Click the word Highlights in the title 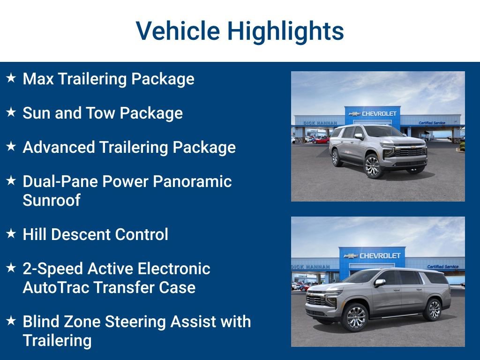click(285, 31)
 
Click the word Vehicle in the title click(178, 31)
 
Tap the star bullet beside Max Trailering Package click(11, 78)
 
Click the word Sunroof click(52, 200)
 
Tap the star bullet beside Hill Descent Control click(11, 233)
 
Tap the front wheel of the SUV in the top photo click(373, 166)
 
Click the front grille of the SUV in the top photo click(411, 151)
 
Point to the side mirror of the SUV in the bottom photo click(379, 283)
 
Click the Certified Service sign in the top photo click(432, 123)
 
